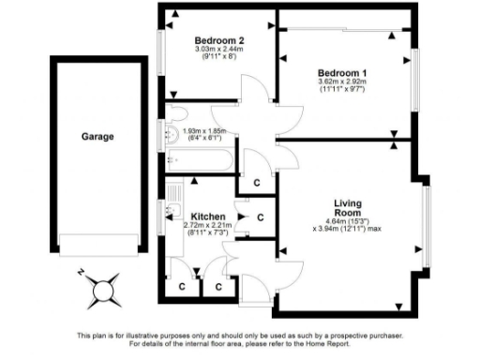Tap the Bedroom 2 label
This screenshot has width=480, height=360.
pyautogui.click(x=219, y=40)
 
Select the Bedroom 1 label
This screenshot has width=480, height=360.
pyautogui.click(x=342, y=73)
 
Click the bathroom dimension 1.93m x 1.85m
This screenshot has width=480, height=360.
pyautogui.click(x=205, y=132)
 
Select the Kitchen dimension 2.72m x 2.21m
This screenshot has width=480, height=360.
pyautogui.click(x=207, y=225)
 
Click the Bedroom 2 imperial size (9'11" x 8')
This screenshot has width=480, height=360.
pyautogui.click(x=219, y=56)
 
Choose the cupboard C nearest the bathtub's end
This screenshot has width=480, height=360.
pyautogui.click(x=257, y=182)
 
